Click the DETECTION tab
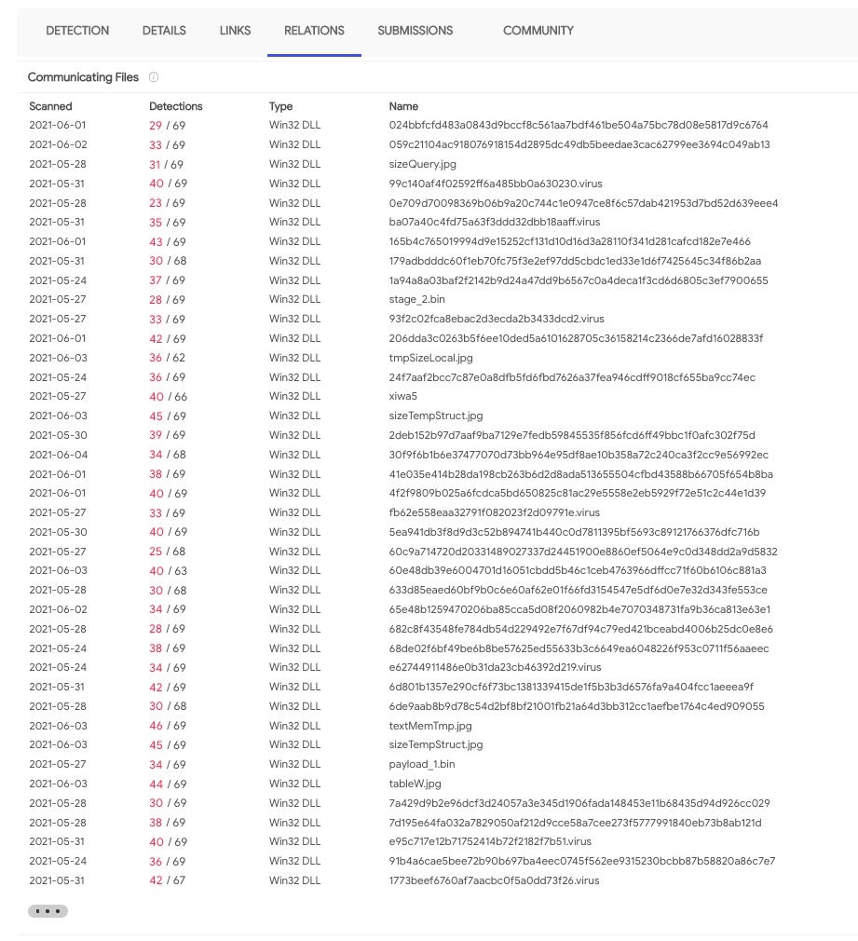77,31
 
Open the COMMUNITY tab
538,31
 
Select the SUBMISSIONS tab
415,31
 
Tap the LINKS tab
235,31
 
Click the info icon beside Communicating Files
154,77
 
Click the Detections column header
175,106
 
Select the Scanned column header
50,106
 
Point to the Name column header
403,106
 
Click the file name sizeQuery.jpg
422,164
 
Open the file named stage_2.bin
416,299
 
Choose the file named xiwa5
402,396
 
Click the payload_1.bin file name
422,764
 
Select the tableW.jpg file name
415,784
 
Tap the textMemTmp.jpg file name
430,726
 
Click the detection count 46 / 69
167,726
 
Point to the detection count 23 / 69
167,203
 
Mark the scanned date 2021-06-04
58,455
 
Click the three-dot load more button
48,910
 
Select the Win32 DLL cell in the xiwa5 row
294,396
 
